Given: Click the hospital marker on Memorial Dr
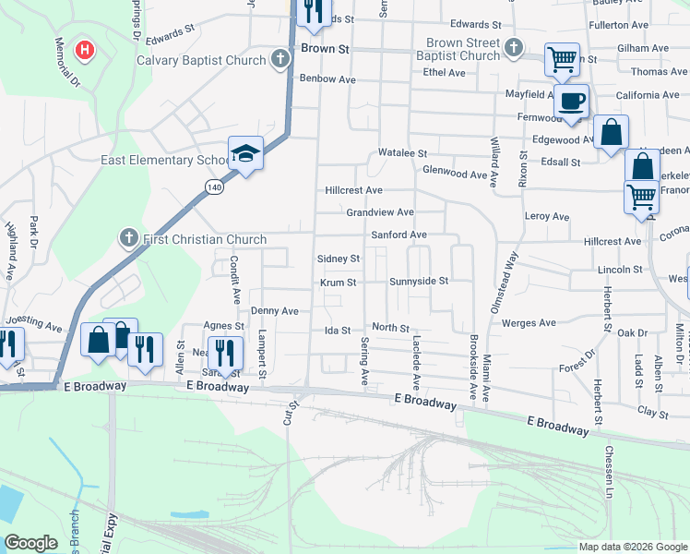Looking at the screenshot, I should click(x=85, y=49).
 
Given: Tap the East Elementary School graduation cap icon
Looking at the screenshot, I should click(x=245, y=154).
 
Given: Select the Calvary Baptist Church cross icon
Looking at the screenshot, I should click(x=281, y=59).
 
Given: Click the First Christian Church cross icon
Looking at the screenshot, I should click(x=128, y=239).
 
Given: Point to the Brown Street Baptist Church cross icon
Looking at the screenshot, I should click(x=514, y=48).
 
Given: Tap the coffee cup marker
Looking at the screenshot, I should click(x=572, y=101).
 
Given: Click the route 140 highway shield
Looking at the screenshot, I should click(x=214, y=187).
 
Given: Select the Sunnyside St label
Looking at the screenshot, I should click(x=418, y=281).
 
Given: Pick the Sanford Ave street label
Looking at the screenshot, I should click(x=399, y=235).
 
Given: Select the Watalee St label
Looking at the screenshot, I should click(x=403, y=153).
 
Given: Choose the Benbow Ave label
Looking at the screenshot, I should click(x=327, y=79).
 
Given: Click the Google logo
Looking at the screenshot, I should click(x=30, y=543).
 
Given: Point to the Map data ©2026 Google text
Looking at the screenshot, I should click(x=632, y=547).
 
